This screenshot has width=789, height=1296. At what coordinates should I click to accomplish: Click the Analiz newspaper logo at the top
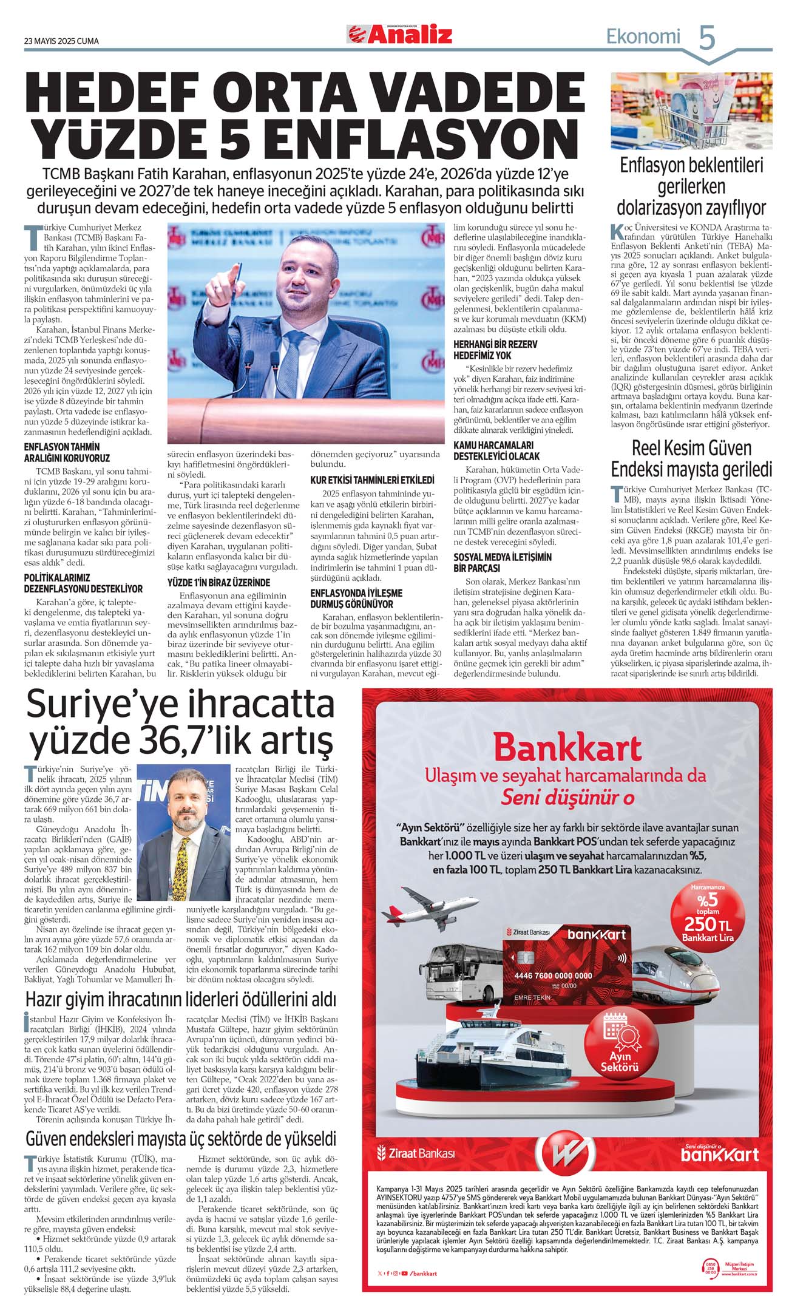click(399, 35)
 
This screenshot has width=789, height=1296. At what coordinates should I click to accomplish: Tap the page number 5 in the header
click(707, 37)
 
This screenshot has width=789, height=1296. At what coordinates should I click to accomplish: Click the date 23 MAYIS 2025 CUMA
click(61, 41)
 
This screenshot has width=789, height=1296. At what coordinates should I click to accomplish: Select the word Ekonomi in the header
click(643, 37)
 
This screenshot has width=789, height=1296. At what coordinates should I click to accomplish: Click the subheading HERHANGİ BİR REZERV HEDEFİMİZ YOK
click(495, 350)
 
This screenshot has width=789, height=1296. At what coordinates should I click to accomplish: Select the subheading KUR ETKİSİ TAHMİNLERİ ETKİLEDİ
click(372, 480)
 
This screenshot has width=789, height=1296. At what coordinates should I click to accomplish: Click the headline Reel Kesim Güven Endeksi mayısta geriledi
click(691, 459)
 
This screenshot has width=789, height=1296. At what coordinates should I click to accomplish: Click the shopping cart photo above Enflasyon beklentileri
click(691, 110)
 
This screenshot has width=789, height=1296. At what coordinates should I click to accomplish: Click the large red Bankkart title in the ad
click(567, 748)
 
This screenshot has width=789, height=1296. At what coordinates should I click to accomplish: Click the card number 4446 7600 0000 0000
click(553, 975)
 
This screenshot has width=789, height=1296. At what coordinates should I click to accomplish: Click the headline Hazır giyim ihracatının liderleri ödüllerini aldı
click(180, 999)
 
